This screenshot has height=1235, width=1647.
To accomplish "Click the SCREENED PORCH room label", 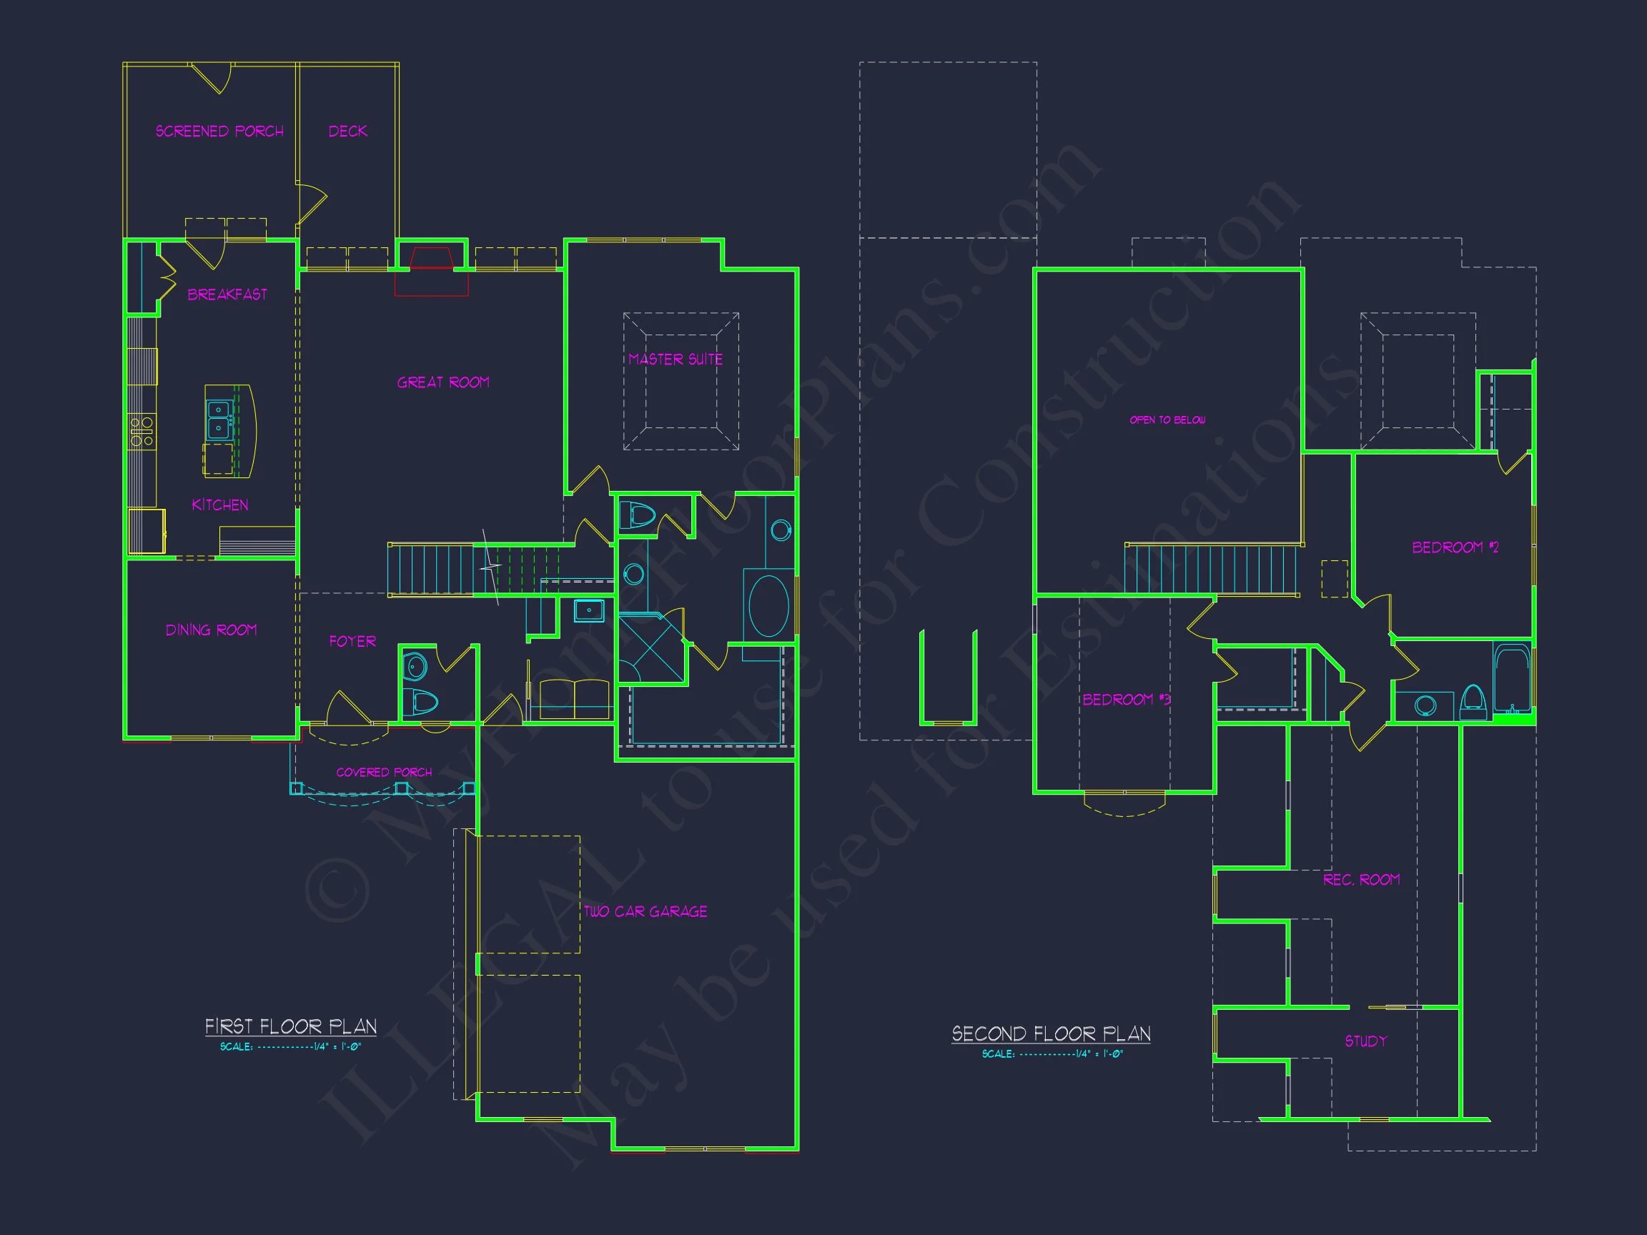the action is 219,131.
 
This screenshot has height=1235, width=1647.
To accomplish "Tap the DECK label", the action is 347,131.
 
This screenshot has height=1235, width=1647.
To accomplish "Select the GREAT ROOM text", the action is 443,382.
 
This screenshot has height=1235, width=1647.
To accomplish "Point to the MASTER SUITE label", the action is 676,359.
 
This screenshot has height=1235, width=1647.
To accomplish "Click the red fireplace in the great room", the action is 431,271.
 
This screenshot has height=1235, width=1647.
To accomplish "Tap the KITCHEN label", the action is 219,505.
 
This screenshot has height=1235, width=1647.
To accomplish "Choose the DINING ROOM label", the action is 212,630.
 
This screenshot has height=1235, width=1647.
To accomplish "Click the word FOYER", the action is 352,641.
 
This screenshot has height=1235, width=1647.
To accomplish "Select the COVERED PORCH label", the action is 384,772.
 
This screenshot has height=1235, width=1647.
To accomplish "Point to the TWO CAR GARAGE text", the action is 645,911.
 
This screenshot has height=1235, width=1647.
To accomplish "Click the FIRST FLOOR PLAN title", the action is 290,1026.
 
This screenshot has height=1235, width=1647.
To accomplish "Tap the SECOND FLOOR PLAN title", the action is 1052,1034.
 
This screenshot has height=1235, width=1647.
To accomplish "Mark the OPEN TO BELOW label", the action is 1167,420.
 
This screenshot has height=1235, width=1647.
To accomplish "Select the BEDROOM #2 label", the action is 1455,547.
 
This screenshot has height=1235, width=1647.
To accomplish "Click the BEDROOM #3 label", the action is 1127,699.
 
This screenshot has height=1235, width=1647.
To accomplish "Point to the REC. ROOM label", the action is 1361,879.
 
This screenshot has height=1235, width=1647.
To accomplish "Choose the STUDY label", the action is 1365,1041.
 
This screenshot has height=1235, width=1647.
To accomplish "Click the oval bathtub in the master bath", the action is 768,606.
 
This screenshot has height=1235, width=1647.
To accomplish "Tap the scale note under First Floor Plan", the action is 290,1046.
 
